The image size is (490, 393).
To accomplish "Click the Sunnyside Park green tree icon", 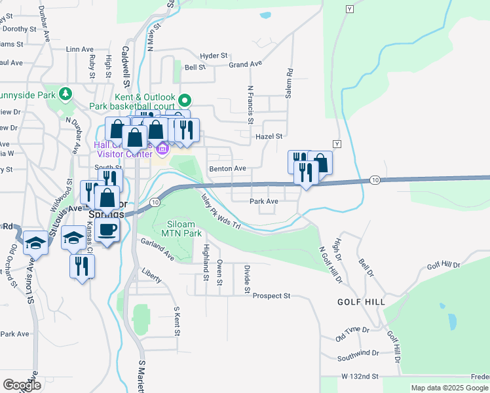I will pyautogui.click(x=65, y=94).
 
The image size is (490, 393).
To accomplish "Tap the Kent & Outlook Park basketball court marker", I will pyautogui.click(x=185, y=101).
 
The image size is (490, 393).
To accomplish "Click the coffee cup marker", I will pyautogui.click(x=107, y=229).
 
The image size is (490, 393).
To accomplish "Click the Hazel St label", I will pyautogui.click(x=269, y=136).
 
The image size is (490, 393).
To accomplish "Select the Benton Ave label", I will pyautogui.click(x=227, y=169).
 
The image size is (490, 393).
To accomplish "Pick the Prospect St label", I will pyautogui.click(x=271, y=296).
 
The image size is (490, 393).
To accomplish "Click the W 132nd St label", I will pyautogui.click(x=360, y=377).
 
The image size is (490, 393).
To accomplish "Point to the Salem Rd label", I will pyautogui.click(x=288, y=84).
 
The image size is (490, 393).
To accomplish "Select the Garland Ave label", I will pyautogui.click(x=158, y=250).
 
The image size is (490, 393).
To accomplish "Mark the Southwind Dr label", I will pyautogui.click(x=358, y=356).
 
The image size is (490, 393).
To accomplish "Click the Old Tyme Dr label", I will pyautogui.click(x=352, y=335).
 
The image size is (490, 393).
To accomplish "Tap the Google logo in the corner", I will pyautogui.click(x=22, y=384).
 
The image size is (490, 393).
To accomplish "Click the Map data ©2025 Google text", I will pyautogui.click(x=449, y=388).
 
